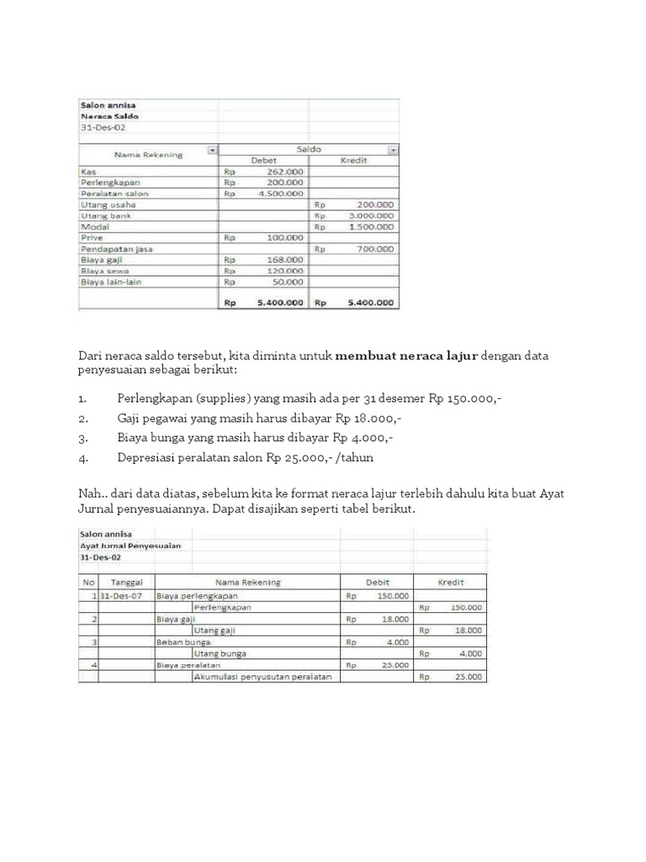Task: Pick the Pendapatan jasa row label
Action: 116,249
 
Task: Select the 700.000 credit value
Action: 374,249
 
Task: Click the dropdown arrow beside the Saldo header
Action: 392,150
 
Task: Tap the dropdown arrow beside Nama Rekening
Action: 213,150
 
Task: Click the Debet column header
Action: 263,160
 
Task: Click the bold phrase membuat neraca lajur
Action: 406,356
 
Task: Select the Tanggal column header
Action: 127,583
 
